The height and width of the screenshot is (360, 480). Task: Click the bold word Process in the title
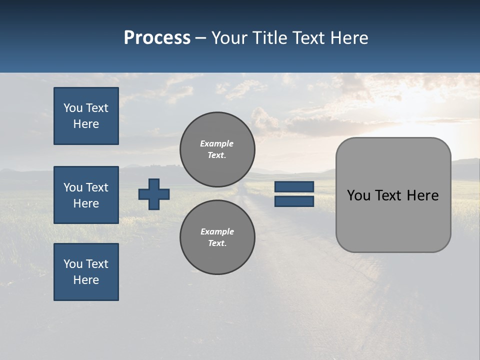(x=157, y=38)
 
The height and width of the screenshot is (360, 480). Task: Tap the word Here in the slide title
(x=348, y=38)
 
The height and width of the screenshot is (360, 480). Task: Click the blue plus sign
(x=154, y=194)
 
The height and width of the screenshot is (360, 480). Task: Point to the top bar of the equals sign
(x=294, y=186)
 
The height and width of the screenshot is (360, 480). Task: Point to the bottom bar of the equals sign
(x=294, y=201)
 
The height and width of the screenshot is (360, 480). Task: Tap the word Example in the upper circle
(x=216, y=143)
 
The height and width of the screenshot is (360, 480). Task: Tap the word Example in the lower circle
(x=217, y=231)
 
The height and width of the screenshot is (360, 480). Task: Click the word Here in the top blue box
(x=86, y=124)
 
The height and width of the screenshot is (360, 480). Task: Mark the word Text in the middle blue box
(x=97, y=187)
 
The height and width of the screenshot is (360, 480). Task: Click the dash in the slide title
(x=200, y=38)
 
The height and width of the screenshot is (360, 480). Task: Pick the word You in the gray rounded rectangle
(x=358, y=195)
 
